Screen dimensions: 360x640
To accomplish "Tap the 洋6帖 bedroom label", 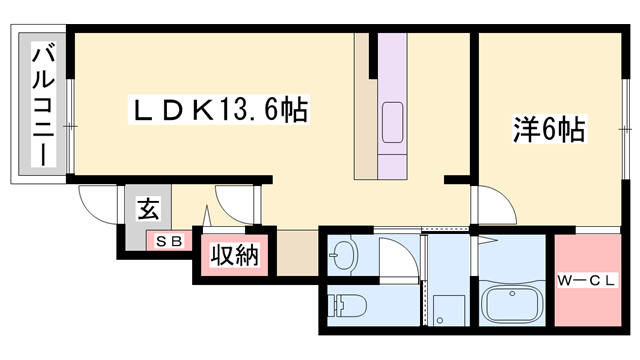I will tap(550, 130).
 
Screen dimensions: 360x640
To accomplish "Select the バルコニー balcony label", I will tap(44, 104).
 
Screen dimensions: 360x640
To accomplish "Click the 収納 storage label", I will tap(234, 256).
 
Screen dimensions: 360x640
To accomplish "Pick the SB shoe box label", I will tap(168, 241).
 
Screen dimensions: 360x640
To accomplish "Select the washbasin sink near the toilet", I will tap(345, 255).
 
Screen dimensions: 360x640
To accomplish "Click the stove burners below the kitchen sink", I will tap(392, 161).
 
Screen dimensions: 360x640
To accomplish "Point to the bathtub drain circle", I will tap(496, 305).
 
